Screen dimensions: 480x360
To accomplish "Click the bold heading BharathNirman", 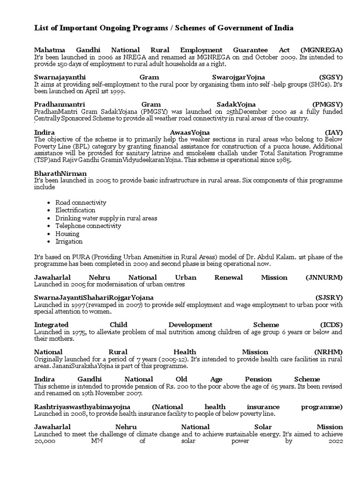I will coord(60,173).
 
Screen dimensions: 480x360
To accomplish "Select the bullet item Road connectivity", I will coord(81,202).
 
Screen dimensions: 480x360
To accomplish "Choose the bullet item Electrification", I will coord(75,210).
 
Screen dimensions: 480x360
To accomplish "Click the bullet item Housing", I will coord(67,233).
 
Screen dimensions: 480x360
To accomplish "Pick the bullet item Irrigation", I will coord(69,241).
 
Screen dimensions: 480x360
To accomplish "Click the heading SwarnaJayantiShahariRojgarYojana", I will coord(94,298).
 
